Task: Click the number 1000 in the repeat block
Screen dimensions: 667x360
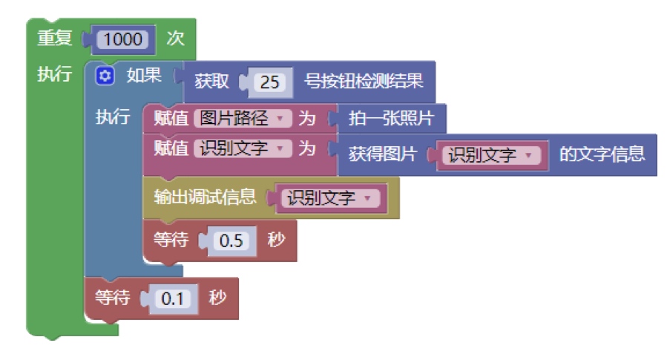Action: [123, 39]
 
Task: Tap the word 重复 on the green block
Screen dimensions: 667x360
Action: [54, 38]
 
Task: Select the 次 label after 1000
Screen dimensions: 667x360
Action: [175, 39]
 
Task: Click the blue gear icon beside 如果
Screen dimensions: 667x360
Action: [105, 76]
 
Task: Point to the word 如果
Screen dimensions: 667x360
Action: [144, 76]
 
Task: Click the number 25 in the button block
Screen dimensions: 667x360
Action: [269, 82]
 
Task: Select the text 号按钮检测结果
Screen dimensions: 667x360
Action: [364, 81]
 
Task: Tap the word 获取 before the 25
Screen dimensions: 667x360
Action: [211, 81]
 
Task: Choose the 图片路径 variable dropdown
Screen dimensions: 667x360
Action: [243, 118]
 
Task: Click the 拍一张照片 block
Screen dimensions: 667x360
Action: [391, 118]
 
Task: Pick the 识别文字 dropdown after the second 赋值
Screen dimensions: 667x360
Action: [243, 148]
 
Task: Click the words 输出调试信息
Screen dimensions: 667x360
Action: [205, 197]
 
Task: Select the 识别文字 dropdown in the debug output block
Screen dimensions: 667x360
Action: [330, 198]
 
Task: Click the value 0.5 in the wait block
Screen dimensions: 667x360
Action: [231, 240]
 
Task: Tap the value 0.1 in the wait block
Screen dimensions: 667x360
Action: [172, 298]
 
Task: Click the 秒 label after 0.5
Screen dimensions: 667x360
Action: [276, 240]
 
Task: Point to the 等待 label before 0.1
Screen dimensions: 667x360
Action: [112, 297]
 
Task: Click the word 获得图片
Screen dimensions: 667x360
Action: [382, 154]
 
